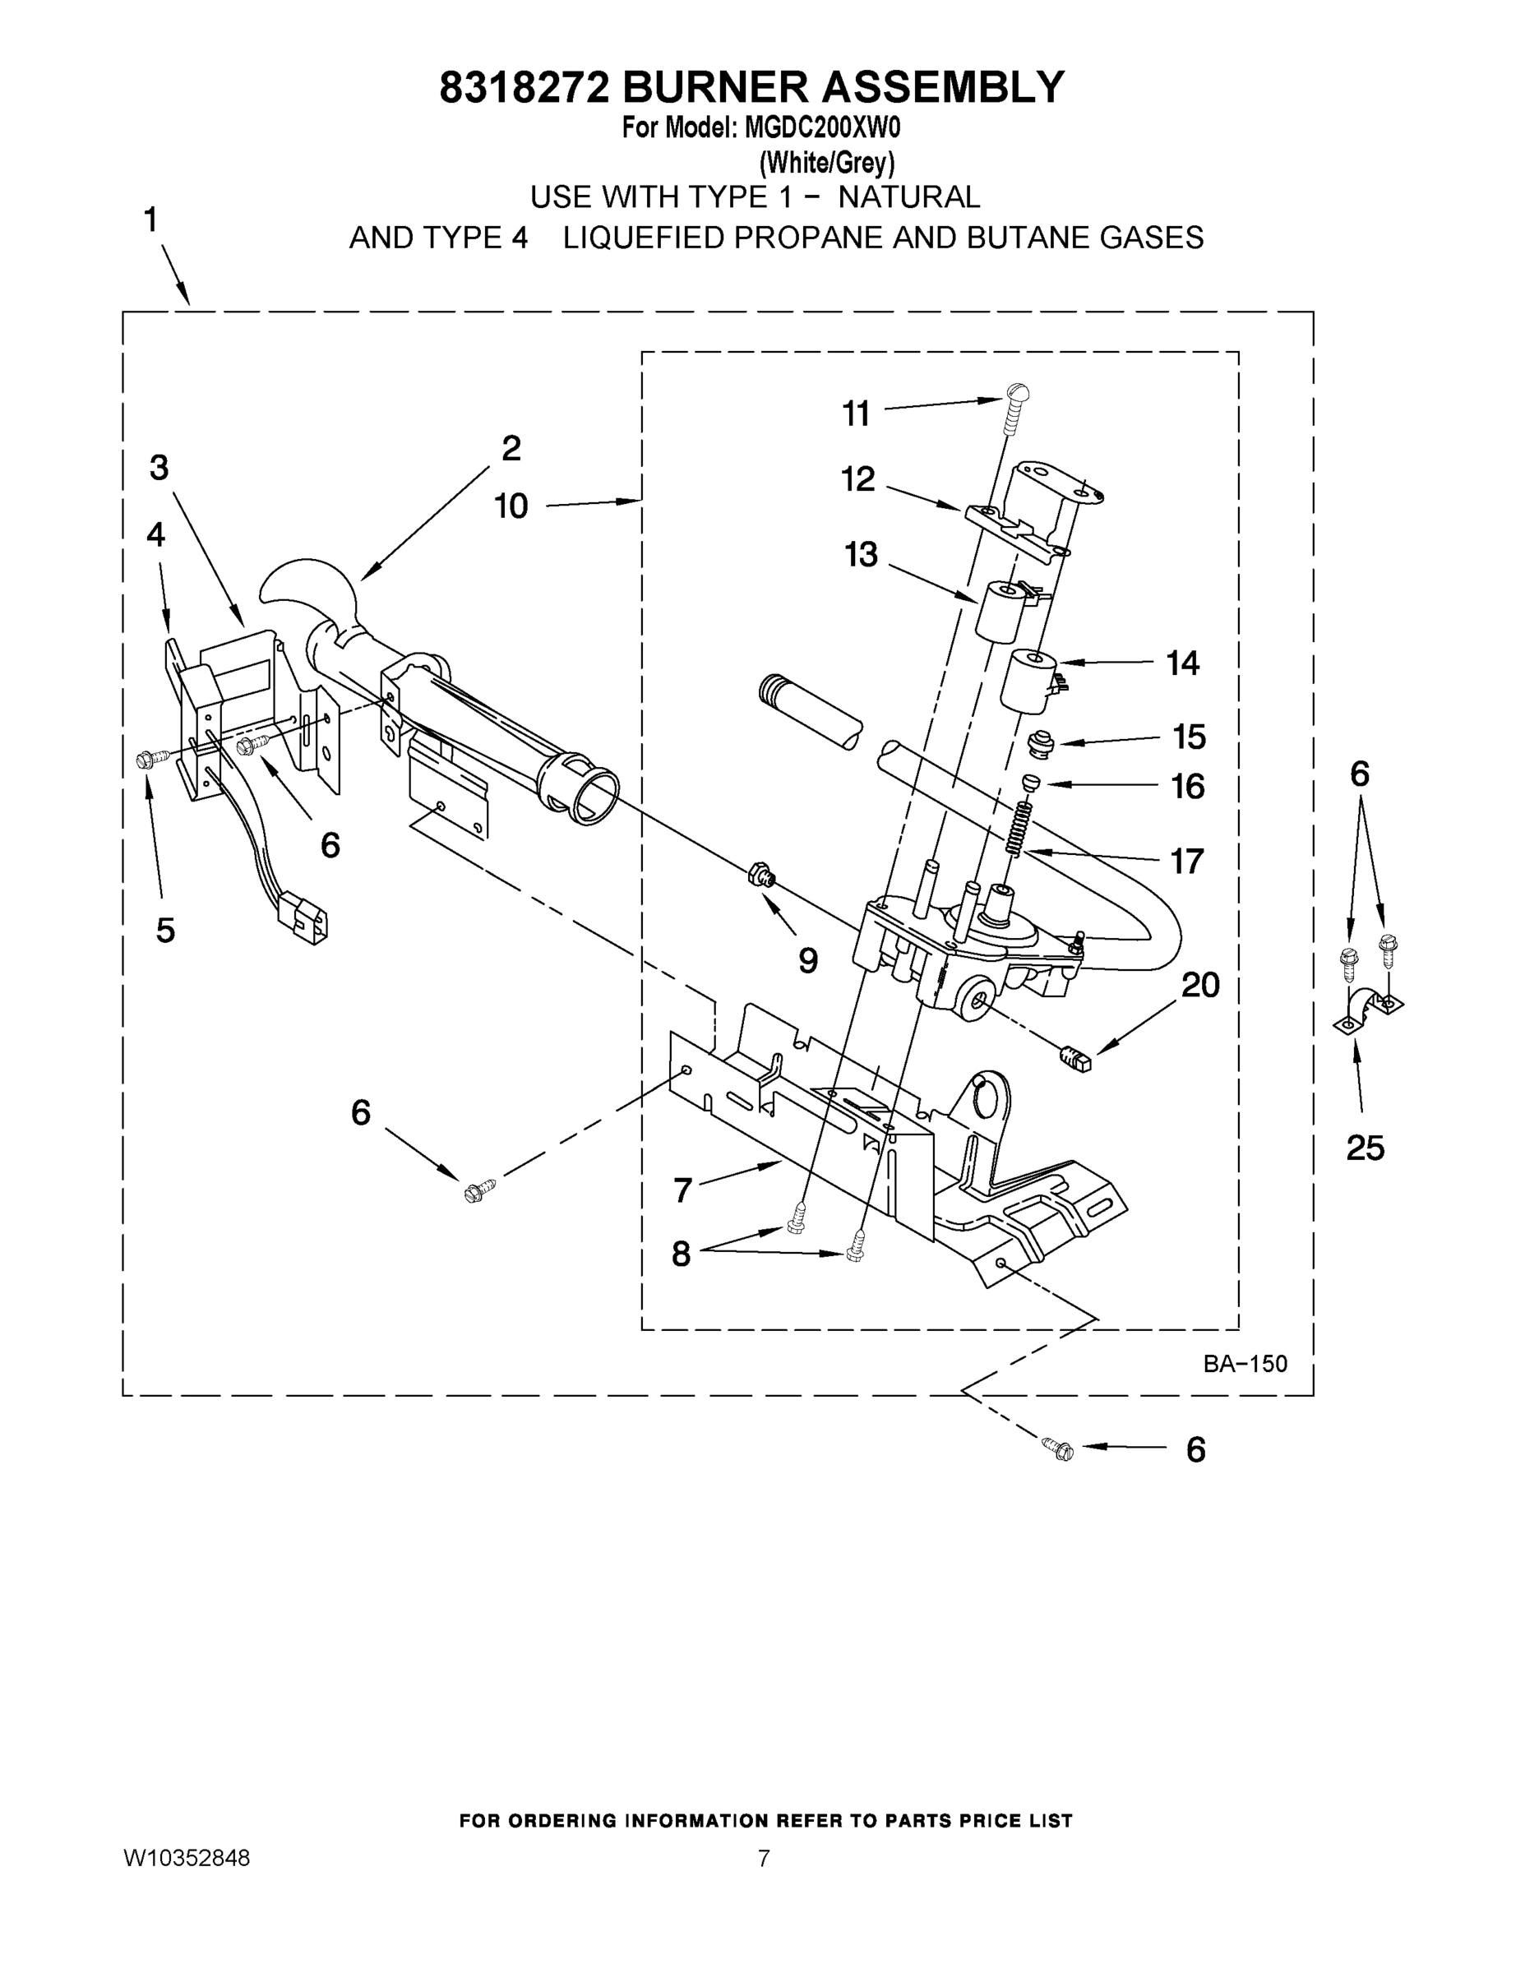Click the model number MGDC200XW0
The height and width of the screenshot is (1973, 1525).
click(x=822, y=128)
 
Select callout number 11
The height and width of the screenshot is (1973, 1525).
click(x=856, y=414)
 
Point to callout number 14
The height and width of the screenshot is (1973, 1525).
click(x=1181, y=663)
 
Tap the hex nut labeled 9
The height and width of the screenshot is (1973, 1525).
click(x=760, y=874)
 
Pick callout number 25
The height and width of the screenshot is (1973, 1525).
click(x=1364, y=1148)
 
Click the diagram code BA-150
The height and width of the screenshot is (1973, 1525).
click(x=1244, y=1363)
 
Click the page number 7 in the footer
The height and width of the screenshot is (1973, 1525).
click(x=764, y=1858)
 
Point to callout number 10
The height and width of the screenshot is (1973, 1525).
click(x=511, y=506)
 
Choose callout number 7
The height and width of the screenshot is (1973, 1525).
click(x=682, y=1190)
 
